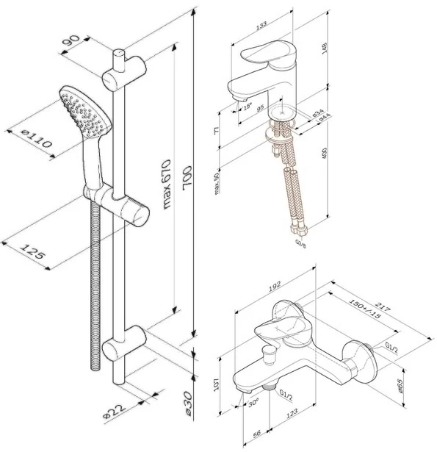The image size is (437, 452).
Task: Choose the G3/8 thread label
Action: coord(301,242)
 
